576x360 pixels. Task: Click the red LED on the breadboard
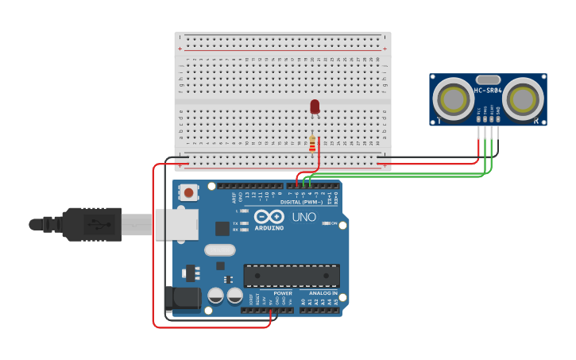click(315, 106)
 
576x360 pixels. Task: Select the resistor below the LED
click(312, 144)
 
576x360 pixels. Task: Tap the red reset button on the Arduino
click(189, 192)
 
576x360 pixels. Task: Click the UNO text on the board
click(304, 217)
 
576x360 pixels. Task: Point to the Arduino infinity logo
click(269, 216)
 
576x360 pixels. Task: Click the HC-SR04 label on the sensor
click(488, 91)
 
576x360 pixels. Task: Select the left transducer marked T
click(453, 99)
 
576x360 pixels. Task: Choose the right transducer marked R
click(524, 99)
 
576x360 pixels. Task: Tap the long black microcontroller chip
click(292, 275)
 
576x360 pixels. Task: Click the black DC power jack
click(181, 298)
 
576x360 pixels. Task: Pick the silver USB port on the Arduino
click(176, 225)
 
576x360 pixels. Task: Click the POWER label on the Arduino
click(281, 293)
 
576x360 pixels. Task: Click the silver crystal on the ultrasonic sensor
click(488, 79)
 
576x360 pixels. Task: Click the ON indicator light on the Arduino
click(327, 223)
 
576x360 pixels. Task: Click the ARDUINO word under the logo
click(269, 228)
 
